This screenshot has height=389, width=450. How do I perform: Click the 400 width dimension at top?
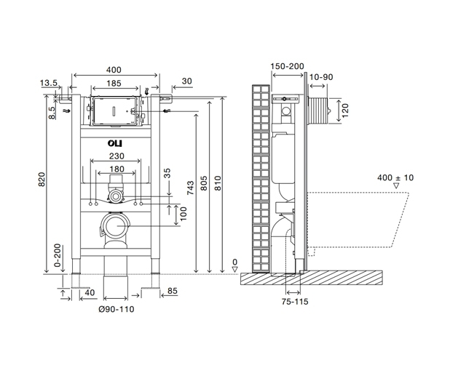114,70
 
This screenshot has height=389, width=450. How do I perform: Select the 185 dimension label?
114,84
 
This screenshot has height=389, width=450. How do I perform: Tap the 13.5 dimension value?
49,84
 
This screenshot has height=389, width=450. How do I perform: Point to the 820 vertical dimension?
42,179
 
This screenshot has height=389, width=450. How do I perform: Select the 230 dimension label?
115,155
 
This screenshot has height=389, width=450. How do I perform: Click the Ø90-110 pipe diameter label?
116,309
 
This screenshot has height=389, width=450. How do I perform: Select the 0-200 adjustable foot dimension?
58,255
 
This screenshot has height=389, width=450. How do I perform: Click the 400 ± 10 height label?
396,177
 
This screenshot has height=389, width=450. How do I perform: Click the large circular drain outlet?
115,226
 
